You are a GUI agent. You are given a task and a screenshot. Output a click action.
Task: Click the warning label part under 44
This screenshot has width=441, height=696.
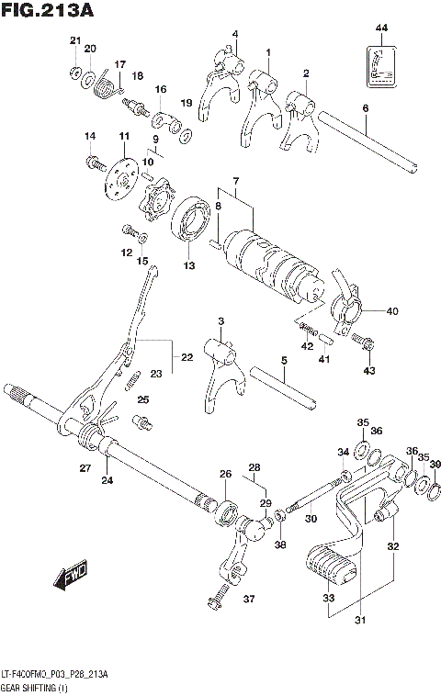click(x=381, y=68)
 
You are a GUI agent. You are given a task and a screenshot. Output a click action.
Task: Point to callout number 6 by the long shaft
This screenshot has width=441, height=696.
click(x=365, y=109)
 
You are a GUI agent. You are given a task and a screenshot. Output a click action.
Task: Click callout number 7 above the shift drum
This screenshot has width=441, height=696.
click(x=236, y=180)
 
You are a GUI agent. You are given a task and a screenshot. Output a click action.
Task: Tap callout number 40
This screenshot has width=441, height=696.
click(x=392, y=311)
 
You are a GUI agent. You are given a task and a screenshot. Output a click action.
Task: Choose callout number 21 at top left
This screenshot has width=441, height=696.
click(x=74, y=39)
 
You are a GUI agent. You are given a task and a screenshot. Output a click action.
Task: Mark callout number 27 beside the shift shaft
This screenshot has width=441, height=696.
click(x=84, y=468)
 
